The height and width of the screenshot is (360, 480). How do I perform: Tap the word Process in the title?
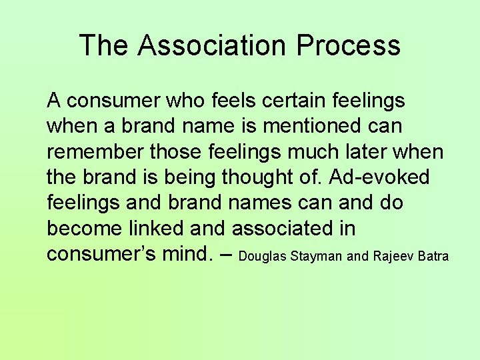[x=349, y=45]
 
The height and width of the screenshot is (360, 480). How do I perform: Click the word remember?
[x=94, y=152]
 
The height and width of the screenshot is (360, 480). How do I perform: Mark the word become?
[x=82, y=229]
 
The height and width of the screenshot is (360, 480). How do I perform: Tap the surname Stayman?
[x=318, y=257]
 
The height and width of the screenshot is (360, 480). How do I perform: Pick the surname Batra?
[x=433, y=256]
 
